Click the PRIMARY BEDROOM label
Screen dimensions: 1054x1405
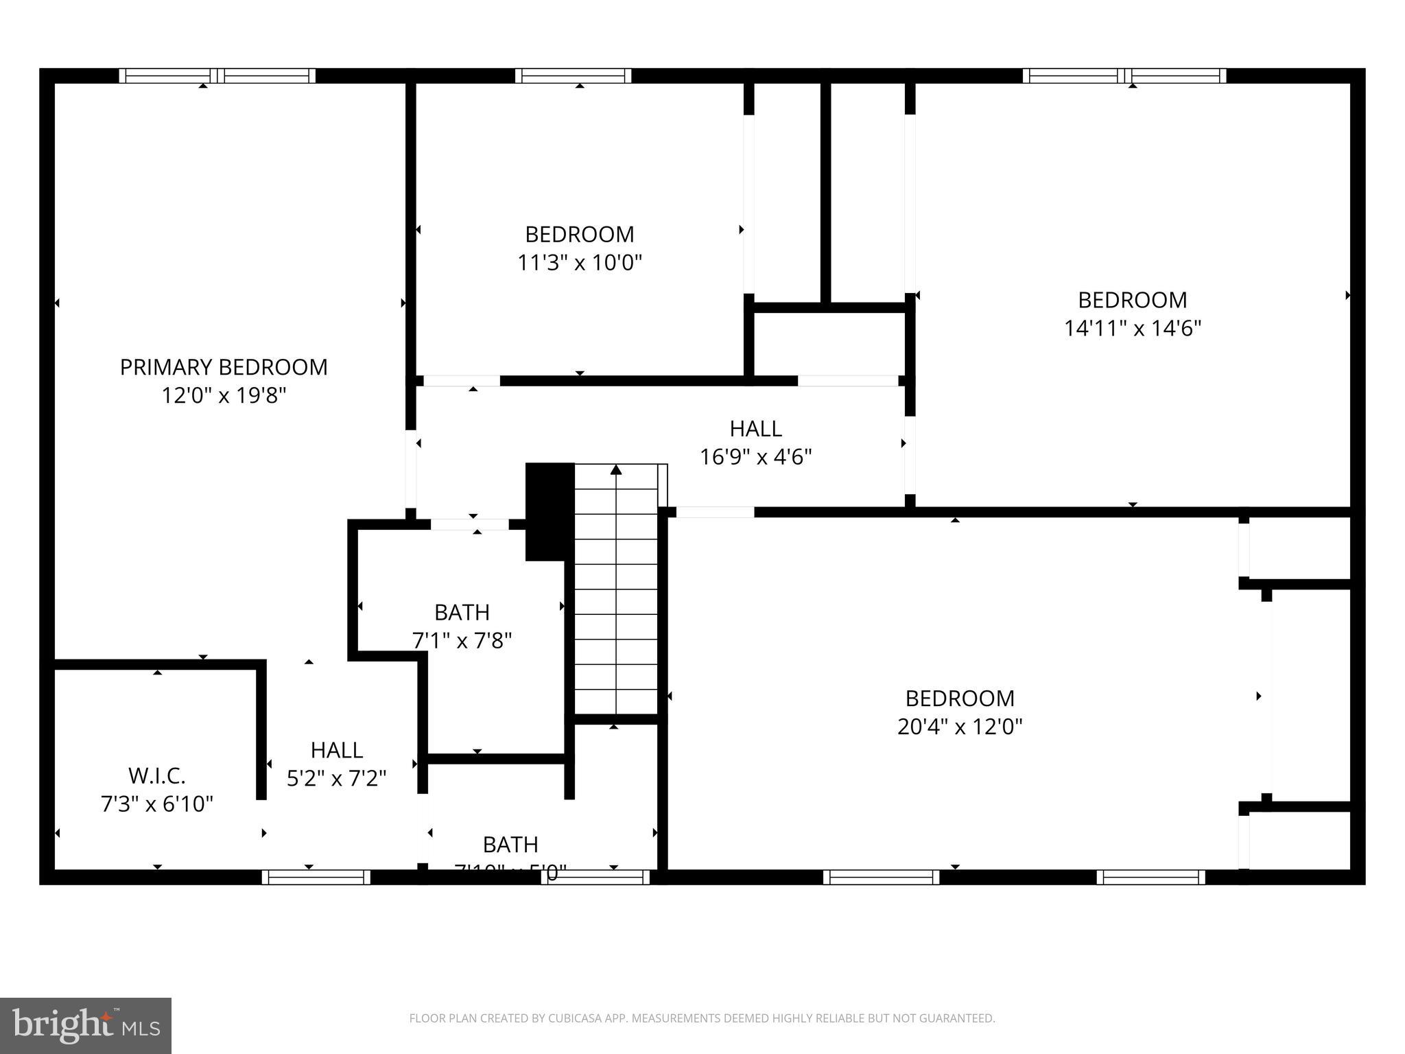tap(224, 367)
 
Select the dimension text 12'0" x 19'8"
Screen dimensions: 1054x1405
tap(224, 396)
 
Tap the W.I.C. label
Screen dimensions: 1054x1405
tap(157, 776)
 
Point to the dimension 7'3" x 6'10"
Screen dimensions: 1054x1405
tap(157, 804)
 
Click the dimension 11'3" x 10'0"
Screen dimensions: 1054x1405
tap(580, 263)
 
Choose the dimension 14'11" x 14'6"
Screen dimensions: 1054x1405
tap(1132, 329)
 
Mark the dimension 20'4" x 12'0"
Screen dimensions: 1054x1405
tap(960, 727)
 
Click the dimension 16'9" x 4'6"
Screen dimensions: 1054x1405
tap(755, 457)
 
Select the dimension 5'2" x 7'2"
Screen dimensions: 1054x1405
tap(336, 778)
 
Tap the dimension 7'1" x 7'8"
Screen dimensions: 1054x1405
tap(462, 641)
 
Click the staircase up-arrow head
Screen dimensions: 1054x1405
tap(616, 470)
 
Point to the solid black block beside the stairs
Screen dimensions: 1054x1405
tap(550, 511)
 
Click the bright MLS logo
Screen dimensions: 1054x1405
tap(86, 1026)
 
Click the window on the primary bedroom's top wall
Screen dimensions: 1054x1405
tap(217, 75)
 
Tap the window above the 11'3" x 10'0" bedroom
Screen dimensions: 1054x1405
tap(573, 75)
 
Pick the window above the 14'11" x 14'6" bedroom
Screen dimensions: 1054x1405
tap(1124, 75)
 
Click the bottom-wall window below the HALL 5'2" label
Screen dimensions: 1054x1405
tap(316, 877)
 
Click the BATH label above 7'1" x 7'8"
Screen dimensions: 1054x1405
tap(462, 612)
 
